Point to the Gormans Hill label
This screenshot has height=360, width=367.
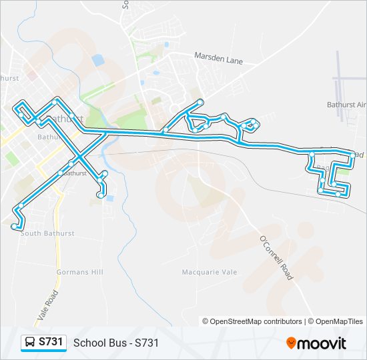(79, 273)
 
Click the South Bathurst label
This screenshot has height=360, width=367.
(45, 233)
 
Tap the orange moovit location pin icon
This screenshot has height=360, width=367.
(291, 343)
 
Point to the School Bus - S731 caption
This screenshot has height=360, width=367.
(116, 343)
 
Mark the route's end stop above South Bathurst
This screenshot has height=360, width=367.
(14, 227)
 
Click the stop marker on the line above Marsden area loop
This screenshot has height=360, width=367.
(199, 101)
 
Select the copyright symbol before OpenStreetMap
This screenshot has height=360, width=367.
(206, 321)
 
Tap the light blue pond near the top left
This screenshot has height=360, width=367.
(98, 60)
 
